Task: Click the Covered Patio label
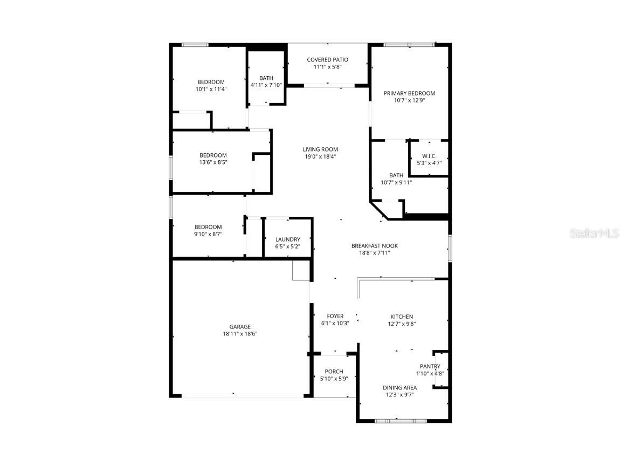[327, 59]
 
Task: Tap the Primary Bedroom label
[409, 93]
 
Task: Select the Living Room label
[320, 149]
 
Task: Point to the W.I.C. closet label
[429, 156]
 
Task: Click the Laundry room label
[287, 239]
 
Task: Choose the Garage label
[240, 326]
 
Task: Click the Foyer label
[335, 316]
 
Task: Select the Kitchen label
[402, 317]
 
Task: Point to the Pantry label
[430, 366]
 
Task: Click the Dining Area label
[399, 387]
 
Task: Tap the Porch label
[334, 371]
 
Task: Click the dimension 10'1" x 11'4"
[211, 89]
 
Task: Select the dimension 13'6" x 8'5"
[213, 162]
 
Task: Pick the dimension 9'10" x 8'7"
[208, 234]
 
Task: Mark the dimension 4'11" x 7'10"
[266, 85]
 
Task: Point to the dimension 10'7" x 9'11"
[396, 182]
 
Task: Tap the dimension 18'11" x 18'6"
[240, 334]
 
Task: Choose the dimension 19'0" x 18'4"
[320, 157]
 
